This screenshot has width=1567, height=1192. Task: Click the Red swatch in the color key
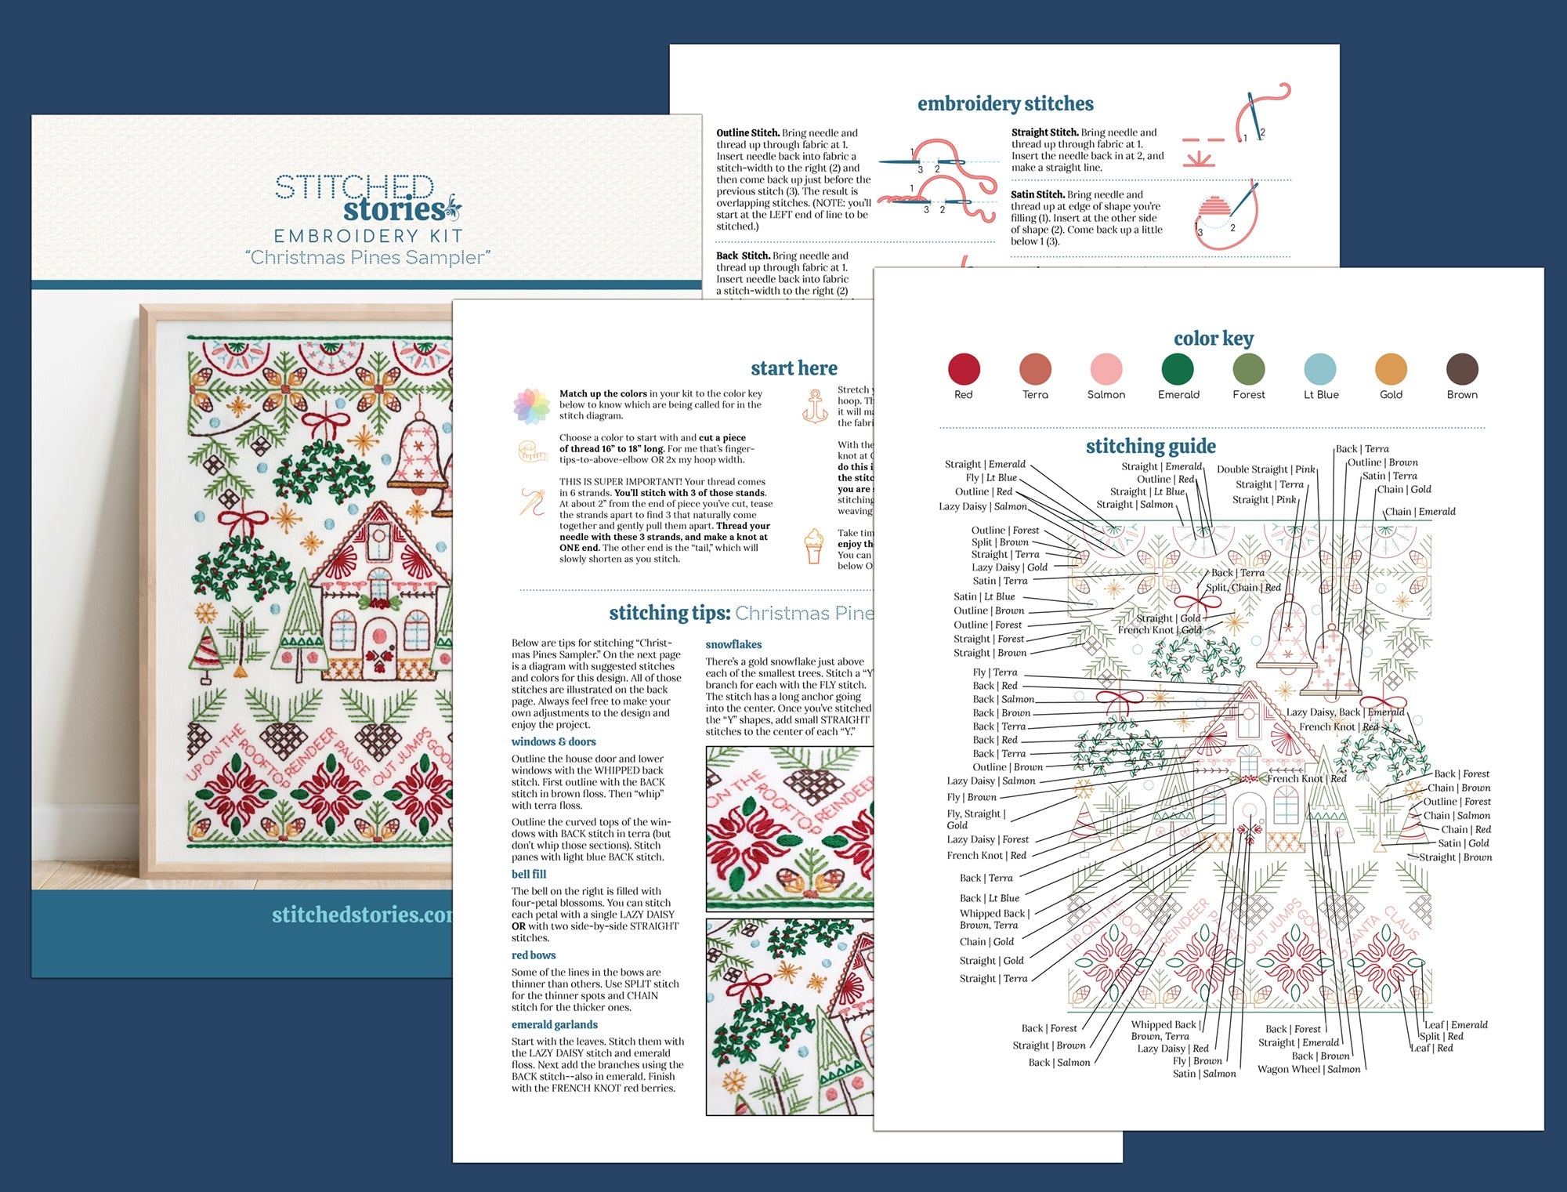tap(964, 369)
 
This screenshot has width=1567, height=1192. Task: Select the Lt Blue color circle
tap(1320, 369)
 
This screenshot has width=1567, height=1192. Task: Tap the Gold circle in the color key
tap(1391, 369)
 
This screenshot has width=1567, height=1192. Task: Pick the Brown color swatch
tap(1462, 369)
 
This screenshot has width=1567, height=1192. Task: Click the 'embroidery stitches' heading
tap(1005, 103)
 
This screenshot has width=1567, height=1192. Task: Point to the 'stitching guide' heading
tap(1150, 446)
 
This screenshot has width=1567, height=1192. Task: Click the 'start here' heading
tap(794, 368)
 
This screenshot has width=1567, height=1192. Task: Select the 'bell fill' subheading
tap(529, 874)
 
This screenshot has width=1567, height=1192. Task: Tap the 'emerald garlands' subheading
tap(554, 1024)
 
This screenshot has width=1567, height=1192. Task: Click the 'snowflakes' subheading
tap(733, 644)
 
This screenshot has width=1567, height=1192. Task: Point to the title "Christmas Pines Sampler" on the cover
tap(367, 257)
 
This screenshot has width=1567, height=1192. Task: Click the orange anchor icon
tap(815, 405)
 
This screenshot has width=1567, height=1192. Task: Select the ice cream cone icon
tap(815, 545)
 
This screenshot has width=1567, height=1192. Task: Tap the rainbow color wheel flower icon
tap(531, 405)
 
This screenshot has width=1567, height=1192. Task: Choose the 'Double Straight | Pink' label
tap(1265, 469)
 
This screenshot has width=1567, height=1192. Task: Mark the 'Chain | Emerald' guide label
tap(1420, 512)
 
